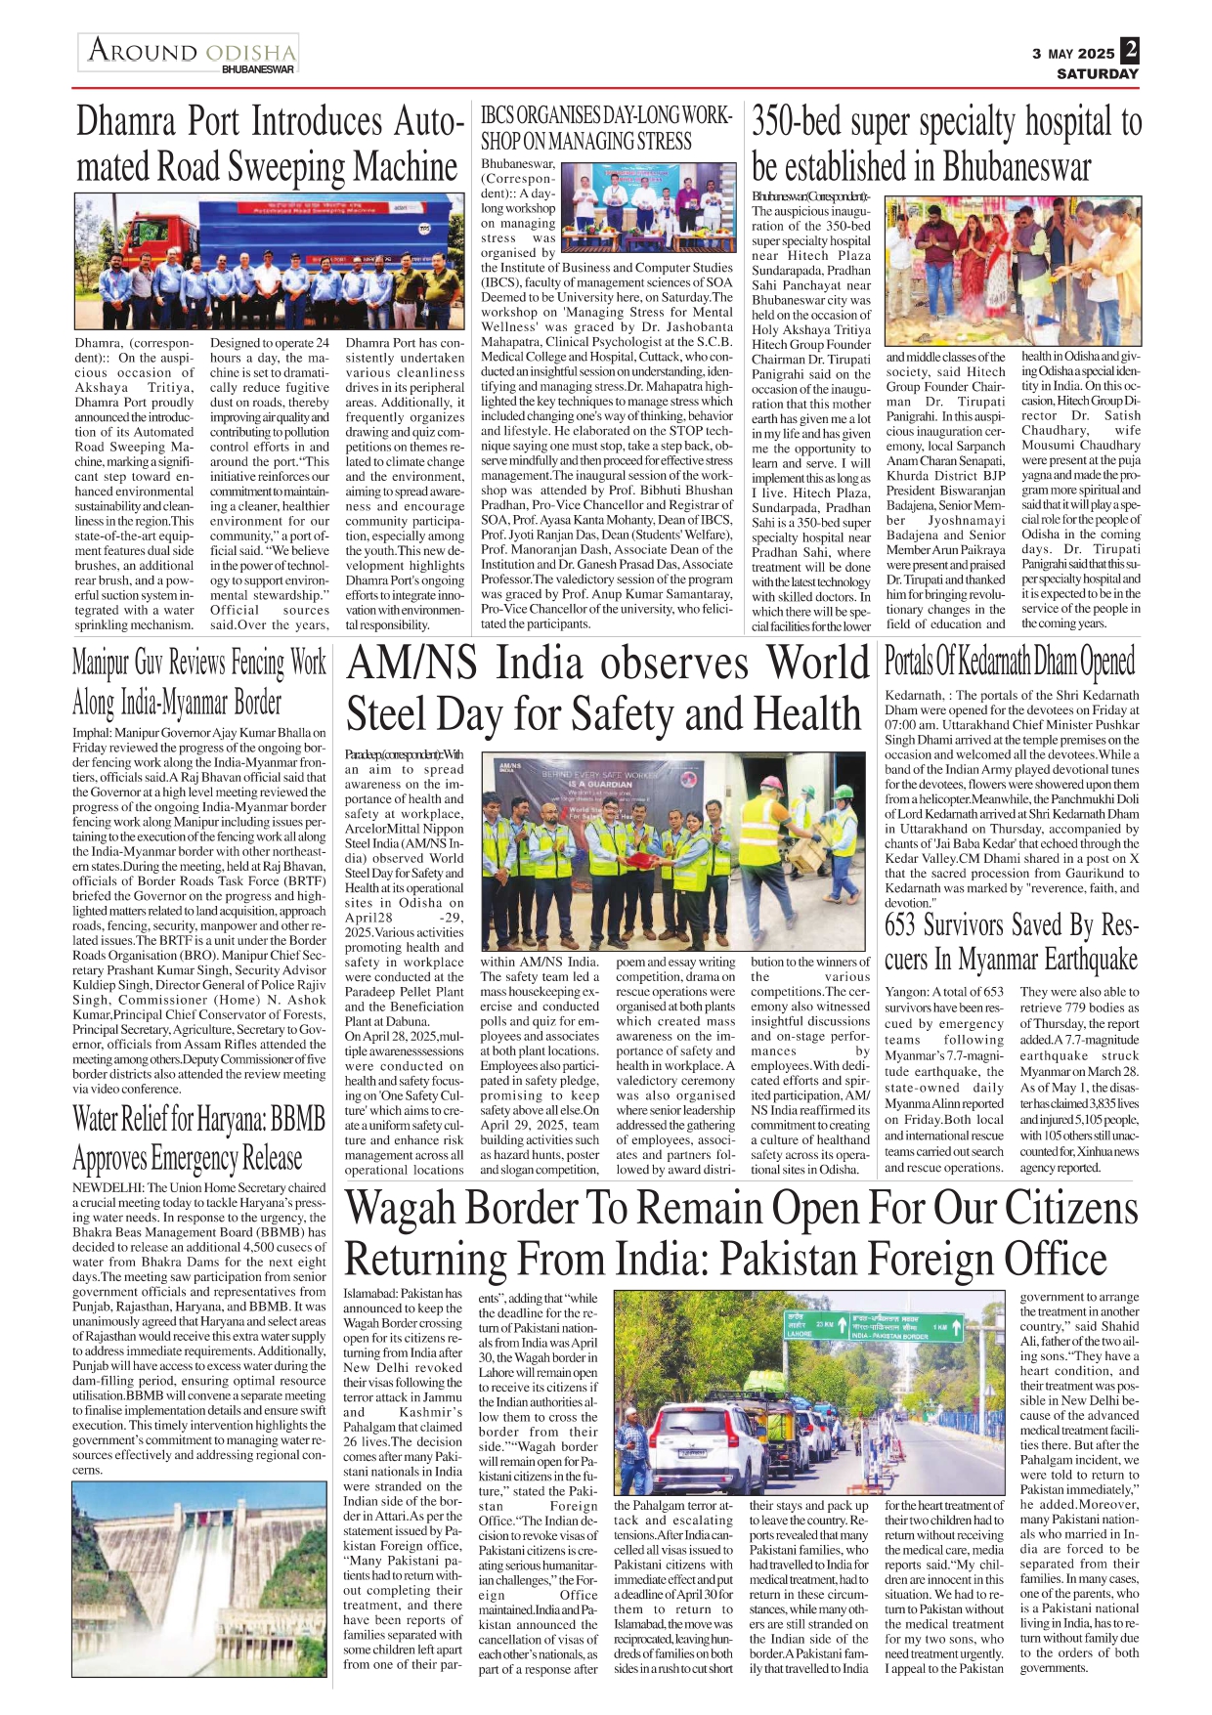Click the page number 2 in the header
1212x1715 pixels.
tap(1130, 50)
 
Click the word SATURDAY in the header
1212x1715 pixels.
tap(1098, 73)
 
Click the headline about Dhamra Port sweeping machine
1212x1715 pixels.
tap(268, 144)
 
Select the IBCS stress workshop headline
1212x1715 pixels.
tap(606, 128)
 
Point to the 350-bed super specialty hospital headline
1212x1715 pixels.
tap(945, 144)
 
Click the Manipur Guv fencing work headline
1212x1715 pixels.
tap(199, 682)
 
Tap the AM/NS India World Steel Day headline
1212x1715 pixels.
tap(606, 689)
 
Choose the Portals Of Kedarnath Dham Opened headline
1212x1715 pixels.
tap(1010, 662)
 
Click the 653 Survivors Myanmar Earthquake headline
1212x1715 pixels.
tap(1011, 941)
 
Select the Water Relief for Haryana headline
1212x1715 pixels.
tap(199, 1138)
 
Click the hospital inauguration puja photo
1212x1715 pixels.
tap(1011, 270)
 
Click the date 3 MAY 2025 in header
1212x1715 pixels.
tap(1072, 54)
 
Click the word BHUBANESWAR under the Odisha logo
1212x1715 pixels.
tap(257, 70)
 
